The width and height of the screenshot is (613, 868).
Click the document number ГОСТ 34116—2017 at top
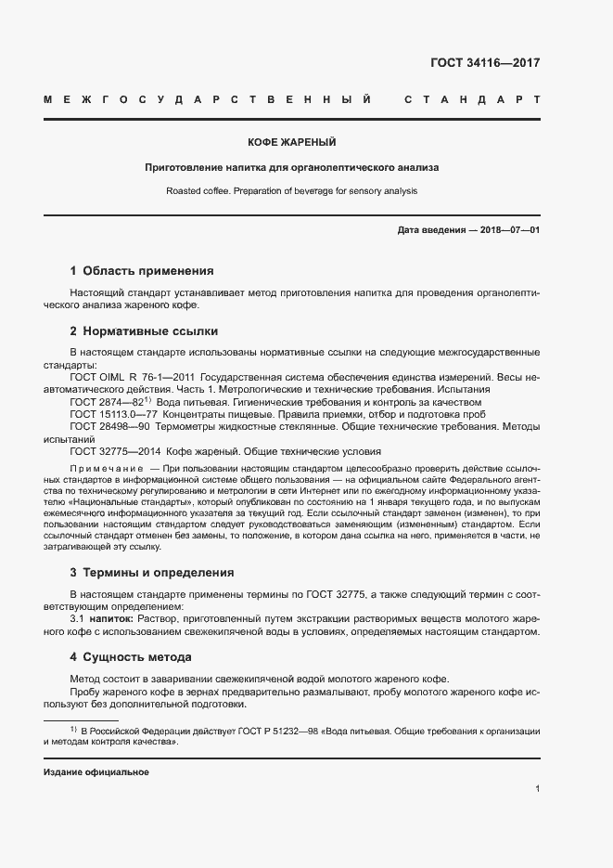tap(485, 64)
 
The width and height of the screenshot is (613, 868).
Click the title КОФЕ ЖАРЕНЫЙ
tap(291, 143)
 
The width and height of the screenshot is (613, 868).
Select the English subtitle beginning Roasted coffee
tap(291, 190)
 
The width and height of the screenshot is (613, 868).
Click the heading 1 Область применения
tap(142, 271)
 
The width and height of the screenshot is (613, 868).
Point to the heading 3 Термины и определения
tap(152, 573)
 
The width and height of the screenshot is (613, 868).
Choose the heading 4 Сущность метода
tap(131, 657)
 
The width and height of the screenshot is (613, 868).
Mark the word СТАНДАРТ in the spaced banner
tap(472, 99)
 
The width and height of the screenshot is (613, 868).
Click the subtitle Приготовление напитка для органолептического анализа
tap(291, 168)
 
